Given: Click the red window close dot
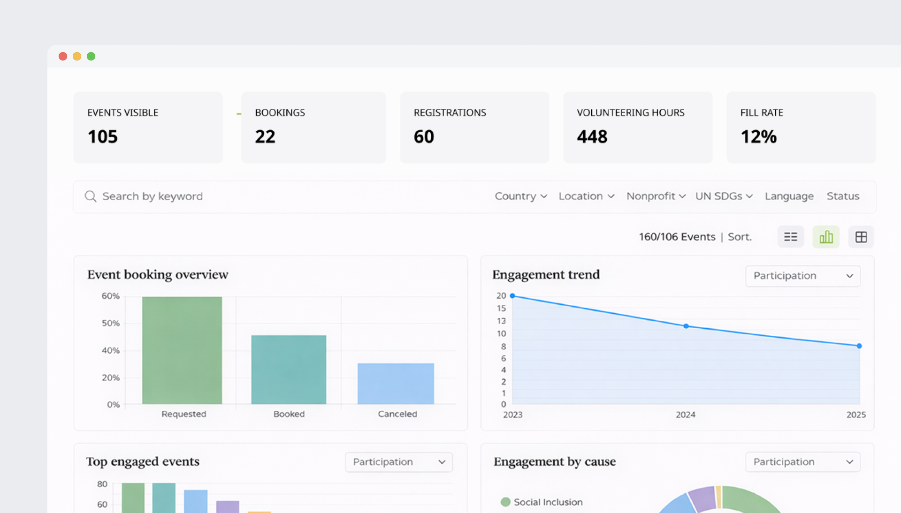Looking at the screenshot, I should click(x=63, y=56).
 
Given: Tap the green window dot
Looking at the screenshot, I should click(x=91, y=56).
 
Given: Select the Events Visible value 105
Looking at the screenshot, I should click(x=102, y=137).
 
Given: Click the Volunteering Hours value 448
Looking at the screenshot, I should click(x=592, y=137).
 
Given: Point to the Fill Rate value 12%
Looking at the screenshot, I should click(x=758, y=137).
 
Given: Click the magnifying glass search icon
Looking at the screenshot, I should click(x=91, y=196).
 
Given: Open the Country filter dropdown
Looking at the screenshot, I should click(x=520, y=196).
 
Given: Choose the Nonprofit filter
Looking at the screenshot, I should click(x=656, y=196).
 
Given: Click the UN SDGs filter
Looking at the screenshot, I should click(x=724, y=196).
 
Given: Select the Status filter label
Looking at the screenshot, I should click(x=843, y=196).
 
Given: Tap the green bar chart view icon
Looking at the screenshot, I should click(x=826, y=237).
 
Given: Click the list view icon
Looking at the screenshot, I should click(x=791, y=237).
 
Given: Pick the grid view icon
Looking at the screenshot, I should click(x=861, y=237).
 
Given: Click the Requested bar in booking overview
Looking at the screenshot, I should click(x=182, y=350).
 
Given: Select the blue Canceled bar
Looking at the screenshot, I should click(x=396, y=383).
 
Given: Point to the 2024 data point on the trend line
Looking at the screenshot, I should click(x=686, y=326).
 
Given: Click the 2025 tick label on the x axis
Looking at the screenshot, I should click(x=856, y=415).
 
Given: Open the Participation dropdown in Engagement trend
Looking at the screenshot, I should click(x=802, y=276).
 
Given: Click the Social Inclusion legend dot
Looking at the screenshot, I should click(x=505, y=502).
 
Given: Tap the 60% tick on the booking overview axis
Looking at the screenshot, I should click(x=110, y=296).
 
